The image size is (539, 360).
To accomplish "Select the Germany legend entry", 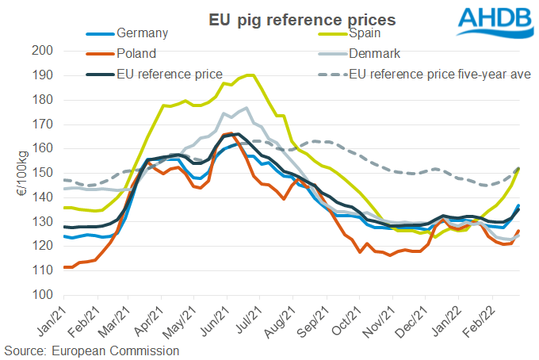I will point(140,34).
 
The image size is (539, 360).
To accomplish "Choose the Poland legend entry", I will point(135,54).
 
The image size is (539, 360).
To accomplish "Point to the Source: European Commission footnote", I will point(92,350).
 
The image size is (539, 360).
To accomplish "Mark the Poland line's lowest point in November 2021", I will point(390,255).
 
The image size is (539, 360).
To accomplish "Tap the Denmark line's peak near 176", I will point(247,108).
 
